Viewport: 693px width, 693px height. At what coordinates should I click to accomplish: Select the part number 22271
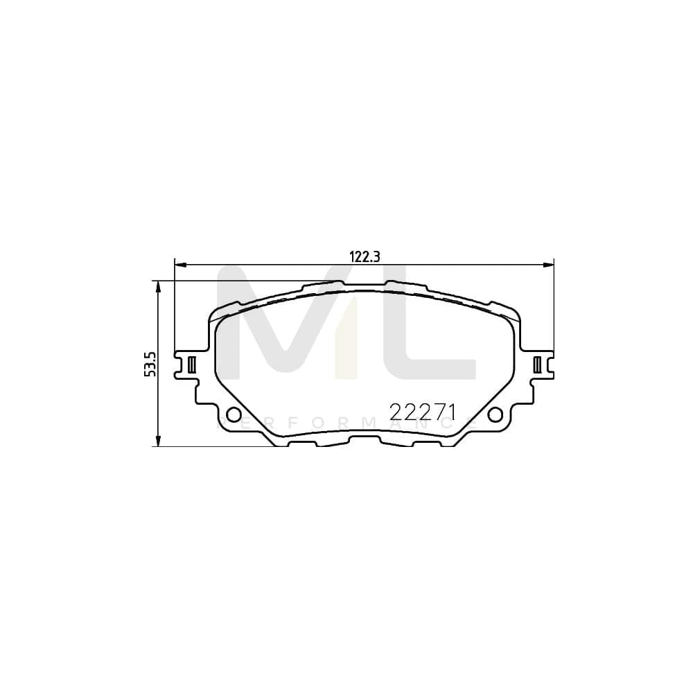tap(422, 412)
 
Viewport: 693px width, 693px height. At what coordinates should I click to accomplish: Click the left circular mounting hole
tap(234, 414)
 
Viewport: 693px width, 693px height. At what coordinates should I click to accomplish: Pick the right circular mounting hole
tap(495, 414)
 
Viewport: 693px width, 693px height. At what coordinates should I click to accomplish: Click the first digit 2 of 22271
tap(397, 412)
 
